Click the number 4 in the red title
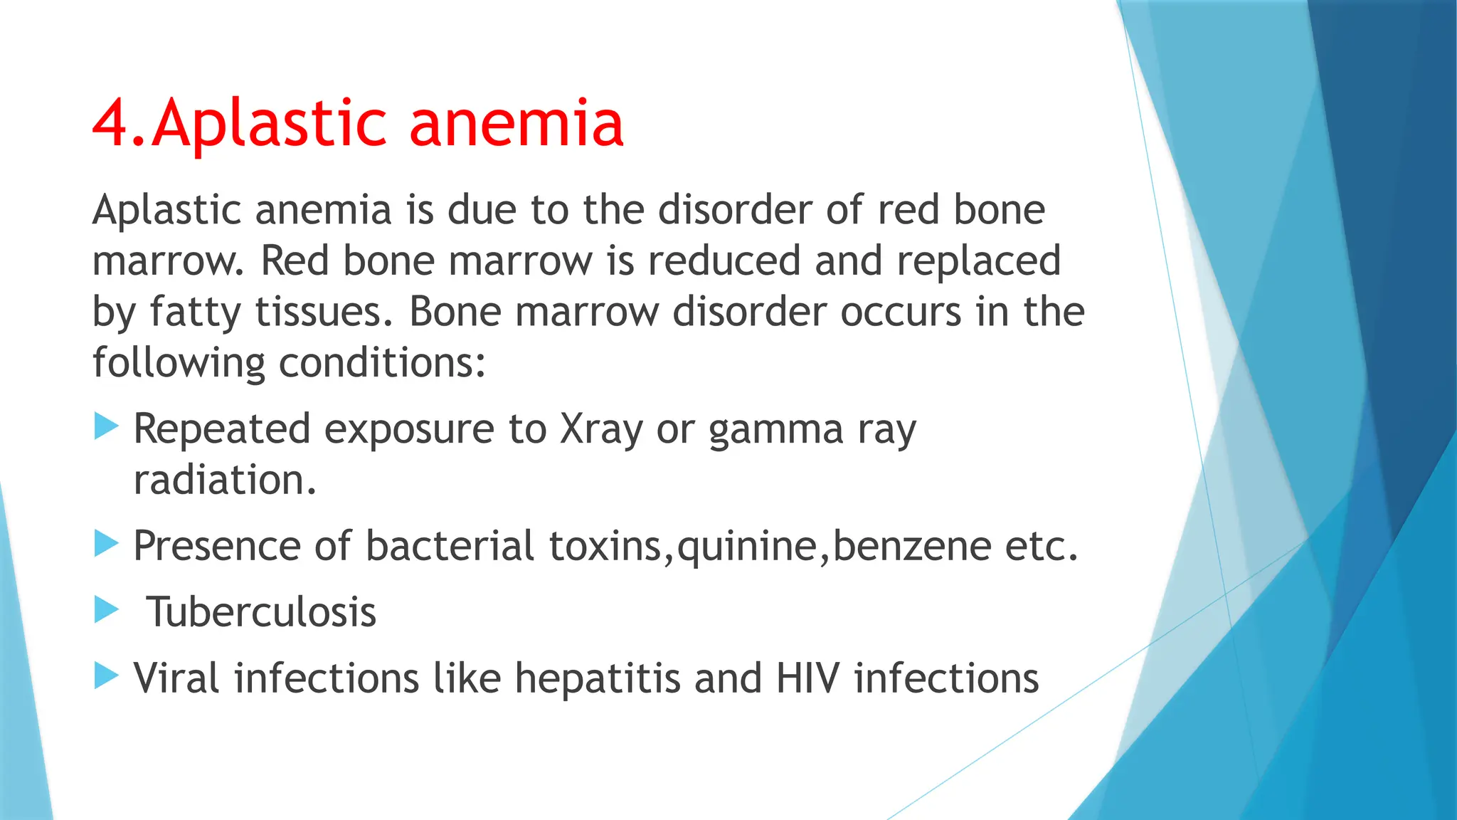point(112,123)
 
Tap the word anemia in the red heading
point(516,123)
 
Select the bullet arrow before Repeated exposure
point(106,427)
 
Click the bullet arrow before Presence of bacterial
point(106,545)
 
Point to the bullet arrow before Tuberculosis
point(106,610)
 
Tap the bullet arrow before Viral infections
point(106,676)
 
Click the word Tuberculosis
point(261,611)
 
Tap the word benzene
point(911,547)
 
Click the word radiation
point(224,480)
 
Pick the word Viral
point(176,678)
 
